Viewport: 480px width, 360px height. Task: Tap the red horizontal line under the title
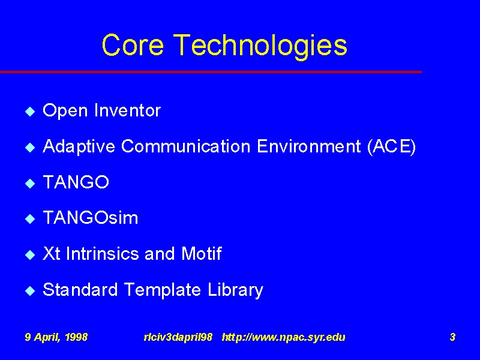click(x=211, y=72)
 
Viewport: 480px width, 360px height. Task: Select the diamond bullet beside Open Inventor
click(x=30, y=111)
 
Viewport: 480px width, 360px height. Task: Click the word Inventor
click(x=128, y=110)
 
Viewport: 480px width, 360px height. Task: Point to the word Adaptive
click(x=79, y=146)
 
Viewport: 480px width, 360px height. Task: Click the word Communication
click(x=186, y=146)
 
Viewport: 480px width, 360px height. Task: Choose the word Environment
click(x=309, y=146)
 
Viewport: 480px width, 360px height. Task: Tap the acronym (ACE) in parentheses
click(x=392, y=147)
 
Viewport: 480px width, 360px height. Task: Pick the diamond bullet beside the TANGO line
click(x=30, y=183)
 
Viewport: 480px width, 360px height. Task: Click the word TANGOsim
click(x=91, y=218)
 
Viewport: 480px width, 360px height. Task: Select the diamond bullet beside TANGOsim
click(x=30, y=218)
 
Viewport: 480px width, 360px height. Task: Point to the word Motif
click(x=202, y=253)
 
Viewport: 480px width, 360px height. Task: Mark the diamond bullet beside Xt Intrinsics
click(x=30, y=254)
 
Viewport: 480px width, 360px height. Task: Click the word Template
click(x=163, y=290)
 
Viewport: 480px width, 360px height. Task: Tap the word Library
click(x=235, y=290)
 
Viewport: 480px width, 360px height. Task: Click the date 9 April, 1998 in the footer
click(x=56, y=337)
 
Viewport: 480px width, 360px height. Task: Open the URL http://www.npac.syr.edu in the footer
click(x=283, y=337)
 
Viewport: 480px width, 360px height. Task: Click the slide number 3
click(x=452, y=337)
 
